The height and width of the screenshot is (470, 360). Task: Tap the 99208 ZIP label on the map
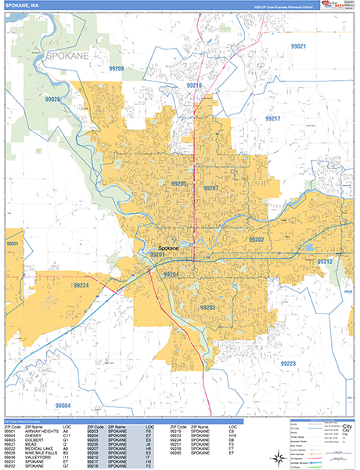coord(117,69)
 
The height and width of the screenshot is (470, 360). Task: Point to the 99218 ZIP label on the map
coord(194,85)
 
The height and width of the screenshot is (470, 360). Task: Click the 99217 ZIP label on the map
coord(272,118)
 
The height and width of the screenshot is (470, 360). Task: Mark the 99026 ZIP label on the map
coord(53,99)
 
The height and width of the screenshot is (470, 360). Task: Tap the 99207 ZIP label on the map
coord(210,189)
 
